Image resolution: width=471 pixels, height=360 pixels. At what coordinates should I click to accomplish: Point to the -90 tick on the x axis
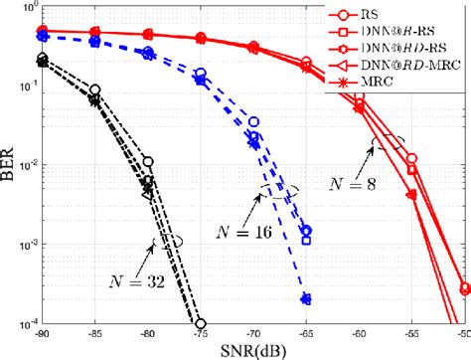pyautogui.click(x=42, y=335)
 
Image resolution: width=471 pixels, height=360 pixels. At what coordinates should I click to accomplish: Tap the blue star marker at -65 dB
pyautogui.click(x=306, y=298)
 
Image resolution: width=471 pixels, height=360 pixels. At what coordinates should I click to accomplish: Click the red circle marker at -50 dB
pyautogui.click(x=465, y=287)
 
